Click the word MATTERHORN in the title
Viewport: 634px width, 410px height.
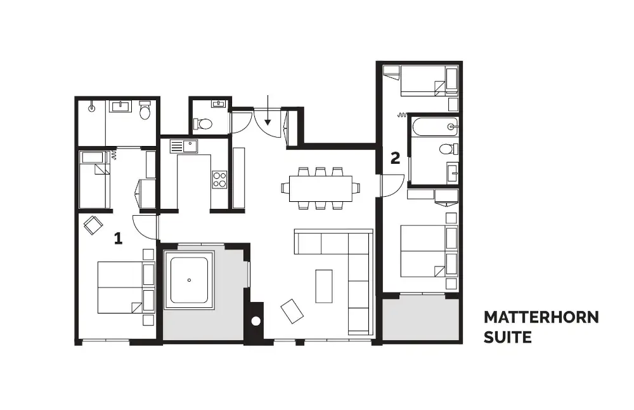tap(541, 317)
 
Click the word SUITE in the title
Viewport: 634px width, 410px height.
tap(507, 337)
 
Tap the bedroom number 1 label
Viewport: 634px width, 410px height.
tap(118, 238)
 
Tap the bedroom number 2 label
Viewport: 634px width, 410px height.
tap(395, 158)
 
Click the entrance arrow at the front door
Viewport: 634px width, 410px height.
tap(268, 110)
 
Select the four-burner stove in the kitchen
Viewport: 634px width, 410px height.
tap(219, 180)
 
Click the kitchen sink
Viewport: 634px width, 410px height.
tap(184, 146)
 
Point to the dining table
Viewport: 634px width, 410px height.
tap(321, 188)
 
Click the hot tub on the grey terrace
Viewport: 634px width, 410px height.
tap(189, 280)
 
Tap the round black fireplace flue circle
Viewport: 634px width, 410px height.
tap(256, 321)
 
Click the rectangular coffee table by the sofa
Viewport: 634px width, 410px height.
tap(324, 286)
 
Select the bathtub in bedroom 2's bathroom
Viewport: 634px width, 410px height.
tap(436, 127)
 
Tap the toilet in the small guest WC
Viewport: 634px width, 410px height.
tap(203, 123)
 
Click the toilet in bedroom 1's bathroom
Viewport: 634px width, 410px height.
tap(145, 110)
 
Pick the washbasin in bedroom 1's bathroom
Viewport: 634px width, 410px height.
tap(121, 107)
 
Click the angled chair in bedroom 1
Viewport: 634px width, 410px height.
tap(93, 225)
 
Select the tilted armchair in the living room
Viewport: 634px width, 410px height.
tap(292, 311)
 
